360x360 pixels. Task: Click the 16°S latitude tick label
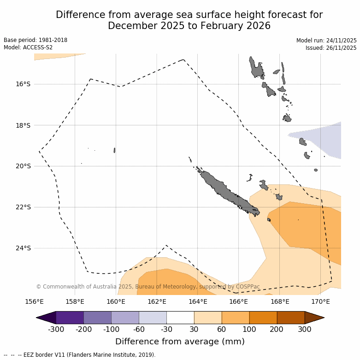tap(23, 84)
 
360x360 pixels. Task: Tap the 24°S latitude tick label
tap(23, 248)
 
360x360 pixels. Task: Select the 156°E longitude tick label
tap(34, 302)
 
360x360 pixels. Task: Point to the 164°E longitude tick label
tap(198, 302)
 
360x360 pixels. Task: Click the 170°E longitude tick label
tap(320, 302)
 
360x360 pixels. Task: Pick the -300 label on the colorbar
tap(56, 329)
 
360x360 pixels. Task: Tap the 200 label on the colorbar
tap(277, 329)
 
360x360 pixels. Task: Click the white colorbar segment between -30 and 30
tap(180, 318)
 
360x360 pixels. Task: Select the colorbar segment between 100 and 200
tap(263, 318)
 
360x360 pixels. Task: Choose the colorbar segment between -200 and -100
tap(98, 318)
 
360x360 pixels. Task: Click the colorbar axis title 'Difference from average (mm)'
tap(180, 342)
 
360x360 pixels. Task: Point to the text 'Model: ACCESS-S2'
tap(28, 47)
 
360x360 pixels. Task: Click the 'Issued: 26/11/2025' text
tap(331, 48)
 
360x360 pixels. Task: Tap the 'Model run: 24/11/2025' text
tap(326, 41)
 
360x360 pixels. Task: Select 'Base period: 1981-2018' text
tap(35, 40)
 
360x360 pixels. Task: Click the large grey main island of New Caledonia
tap(226, 190)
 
